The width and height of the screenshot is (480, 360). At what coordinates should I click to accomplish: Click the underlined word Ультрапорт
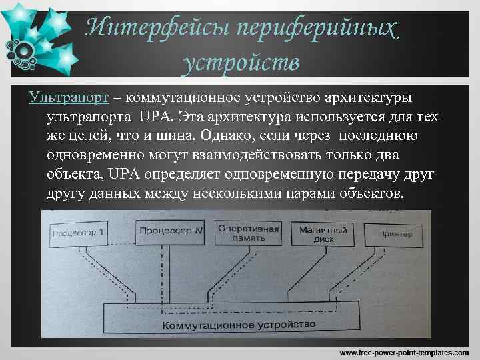[x=69, y=98]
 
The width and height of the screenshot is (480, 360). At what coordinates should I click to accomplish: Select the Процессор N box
[x=169, y=231]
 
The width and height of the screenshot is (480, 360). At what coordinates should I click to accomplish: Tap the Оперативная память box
[x=247, y=233]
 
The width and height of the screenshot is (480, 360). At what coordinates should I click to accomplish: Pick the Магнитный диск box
[x=323, y=233]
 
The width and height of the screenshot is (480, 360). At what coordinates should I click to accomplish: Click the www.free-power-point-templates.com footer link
[x=404, y=351]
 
